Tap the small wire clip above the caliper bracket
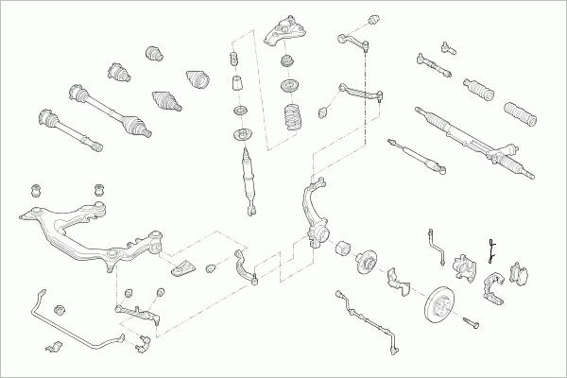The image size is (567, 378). pos(491,249)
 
